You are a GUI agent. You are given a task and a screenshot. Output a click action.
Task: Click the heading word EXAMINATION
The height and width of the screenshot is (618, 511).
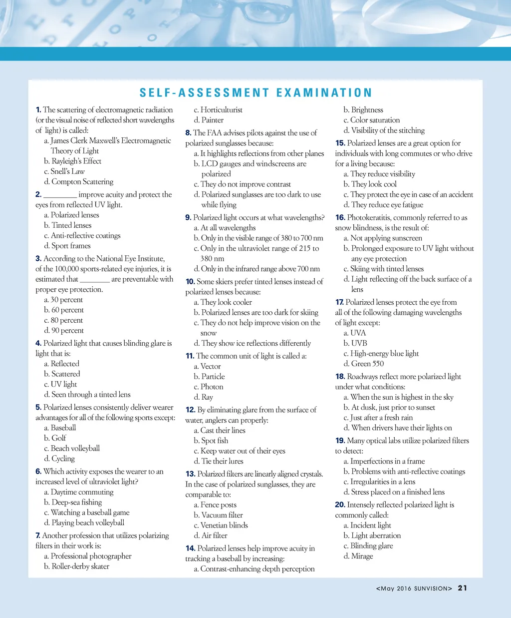(324, 93)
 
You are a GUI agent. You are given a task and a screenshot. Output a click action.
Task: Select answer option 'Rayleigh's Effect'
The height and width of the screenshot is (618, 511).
(76, 161)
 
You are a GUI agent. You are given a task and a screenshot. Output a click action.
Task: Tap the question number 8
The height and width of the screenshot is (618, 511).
(188, 133)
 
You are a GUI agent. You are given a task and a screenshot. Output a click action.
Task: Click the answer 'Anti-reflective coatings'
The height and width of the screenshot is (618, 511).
(86, 235)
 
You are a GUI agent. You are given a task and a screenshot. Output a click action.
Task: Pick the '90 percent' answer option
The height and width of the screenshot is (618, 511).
(67, 330)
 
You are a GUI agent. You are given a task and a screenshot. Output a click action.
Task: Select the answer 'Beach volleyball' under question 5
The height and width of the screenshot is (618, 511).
(75, 448)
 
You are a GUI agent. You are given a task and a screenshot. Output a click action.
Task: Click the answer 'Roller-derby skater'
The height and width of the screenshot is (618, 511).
(80, 566)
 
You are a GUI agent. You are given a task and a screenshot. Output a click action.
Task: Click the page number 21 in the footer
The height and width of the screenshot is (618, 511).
(463, 588)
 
